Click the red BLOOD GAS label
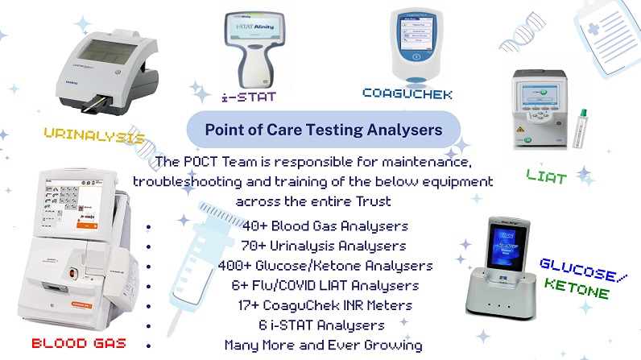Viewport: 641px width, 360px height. (79, 343)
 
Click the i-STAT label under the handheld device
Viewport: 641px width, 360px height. (248, 96)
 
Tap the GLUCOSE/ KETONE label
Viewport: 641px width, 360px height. (574, 279)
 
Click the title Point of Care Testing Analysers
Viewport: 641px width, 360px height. (323, 128)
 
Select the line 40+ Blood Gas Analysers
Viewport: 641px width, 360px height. (324, 226)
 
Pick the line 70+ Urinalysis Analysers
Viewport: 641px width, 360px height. (324, 245)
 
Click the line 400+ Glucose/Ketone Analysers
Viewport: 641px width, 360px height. (325, 265)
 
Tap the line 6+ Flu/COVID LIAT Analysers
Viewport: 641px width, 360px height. (324, 285)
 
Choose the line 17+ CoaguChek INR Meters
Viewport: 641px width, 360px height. (324, 305)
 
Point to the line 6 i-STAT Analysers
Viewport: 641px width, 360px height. (324, 325)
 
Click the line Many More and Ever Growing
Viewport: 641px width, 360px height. (324, 346)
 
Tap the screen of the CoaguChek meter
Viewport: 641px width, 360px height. (416, 37)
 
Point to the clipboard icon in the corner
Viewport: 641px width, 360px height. (604, 32)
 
